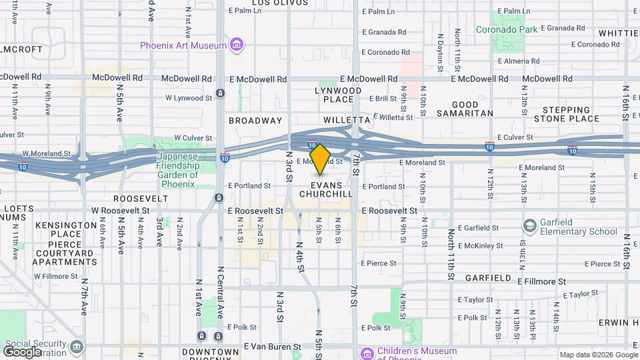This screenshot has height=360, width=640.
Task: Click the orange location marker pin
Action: [321, 159]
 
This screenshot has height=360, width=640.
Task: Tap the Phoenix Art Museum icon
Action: [236, 45]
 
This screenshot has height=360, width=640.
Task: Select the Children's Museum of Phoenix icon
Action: [366, 352]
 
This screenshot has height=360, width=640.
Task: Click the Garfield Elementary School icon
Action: [530, 226]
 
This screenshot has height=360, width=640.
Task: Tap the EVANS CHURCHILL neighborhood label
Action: [326, 190]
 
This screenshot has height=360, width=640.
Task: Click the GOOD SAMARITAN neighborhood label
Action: [465, 109]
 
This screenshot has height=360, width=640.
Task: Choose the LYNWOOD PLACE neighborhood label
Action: [339, 95]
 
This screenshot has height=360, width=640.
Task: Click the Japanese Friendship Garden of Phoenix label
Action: [178, 170]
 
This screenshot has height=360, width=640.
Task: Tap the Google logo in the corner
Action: [22, 351]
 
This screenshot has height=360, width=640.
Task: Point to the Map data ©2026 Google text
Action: [598, 355]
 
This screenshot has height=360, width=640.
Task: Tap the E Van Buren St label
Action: [274, 347]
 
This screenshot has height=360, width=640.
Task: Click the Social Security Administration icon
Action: [77, 347]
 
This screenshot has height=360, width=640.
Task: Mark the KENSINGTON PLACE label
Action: [66, 230]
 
